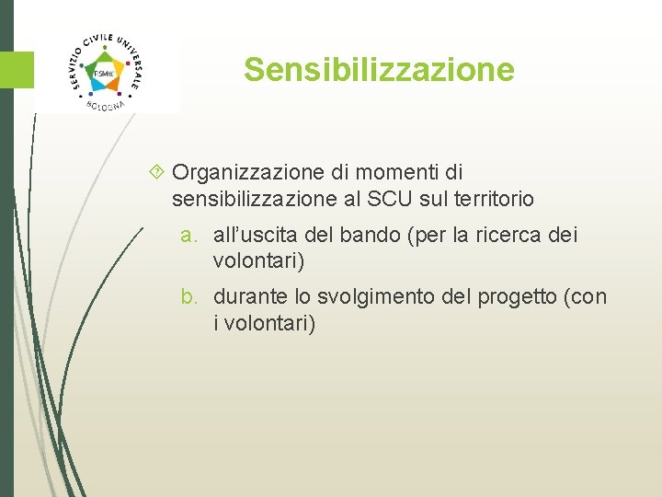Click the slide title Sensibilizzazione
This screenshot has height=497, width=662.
click(x=379, y=70)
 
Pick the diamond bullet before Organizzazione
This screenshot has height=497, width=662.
click(x=155, y=172)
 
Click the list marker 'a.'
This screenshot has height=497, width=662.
click(x=191, y=235)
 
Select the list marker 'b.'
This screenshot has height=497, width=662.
click(x=191, y=296)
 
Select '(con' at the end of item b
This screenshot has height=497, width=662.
click(x=588, y=296)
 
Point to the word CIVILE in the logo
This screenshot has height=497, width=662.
click(x=102, y=40)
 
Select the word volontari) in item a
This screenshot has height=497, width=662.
click(x=258, y=260)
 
